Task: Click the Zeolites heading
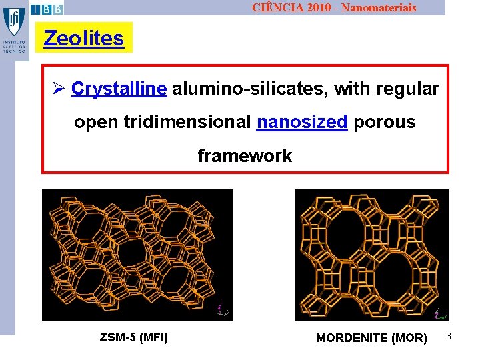point(84,38)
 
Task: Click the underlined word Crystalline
point(119,89)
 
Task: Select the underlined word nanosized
point(302,122)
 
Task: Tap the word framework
point(245,156)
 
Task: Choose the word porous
point(385,122)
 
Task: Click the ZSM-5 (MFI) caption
point(134,337)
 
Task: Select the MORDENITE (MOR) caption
point(371,338)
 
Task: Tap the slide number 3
point(449,337)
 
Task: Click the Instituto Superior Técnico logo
point(14,30)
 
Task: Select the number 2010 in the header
point(313,7)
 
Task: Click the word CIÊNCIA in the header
point(275,7)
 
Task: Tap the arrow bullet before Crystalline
point(58,89)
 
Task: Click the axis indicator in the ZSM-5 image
point(223,309)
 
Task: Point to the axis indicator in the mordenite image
point(439,312)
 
